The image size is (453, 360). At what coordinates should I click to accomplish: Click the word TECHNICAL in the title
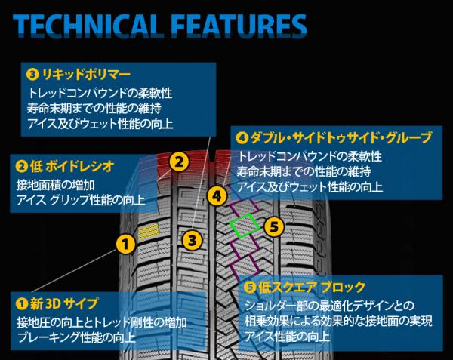(86, 24)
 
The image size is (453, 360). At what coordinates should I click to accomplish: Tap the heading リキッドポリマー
(84, 75)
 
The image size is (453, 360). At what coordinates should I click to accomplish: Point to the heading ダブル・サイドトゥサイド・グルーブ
(340, 138)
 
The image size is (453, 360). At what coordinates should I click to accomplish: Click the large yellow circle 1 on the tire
(126, 243)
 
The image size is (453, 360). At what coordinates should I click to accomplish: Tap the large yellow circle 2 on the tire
(178, 162)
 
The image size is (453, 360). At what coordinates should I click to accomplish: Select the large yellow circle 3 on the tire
(193, 241)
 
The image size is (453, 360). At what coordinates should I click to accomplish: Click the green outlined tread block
(243, 226)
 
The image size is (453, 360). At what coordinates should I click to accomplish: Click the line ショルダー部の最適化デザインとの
(325, 306)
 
